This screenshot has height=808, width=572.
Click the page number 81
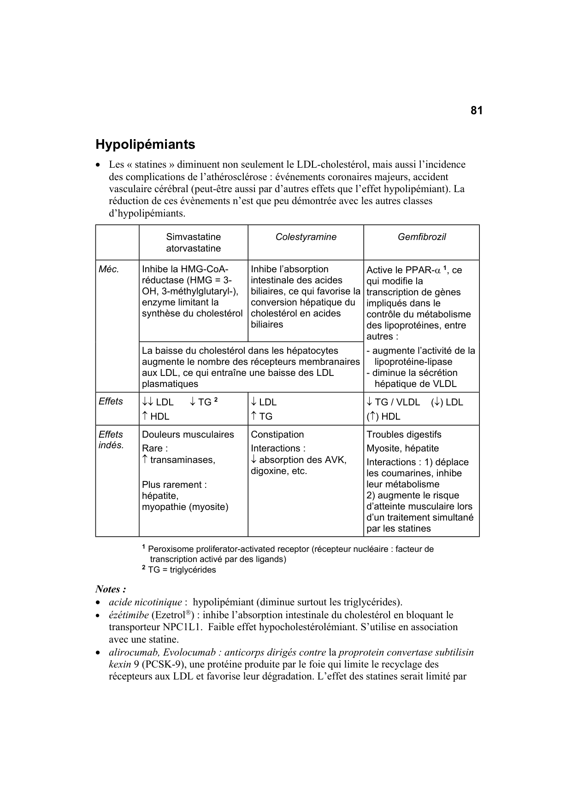tap(476, 111)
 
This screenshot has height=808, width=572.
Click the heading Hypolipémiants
tap(145, 145)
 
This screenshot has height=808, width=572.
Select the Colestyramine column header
tap(306, 237)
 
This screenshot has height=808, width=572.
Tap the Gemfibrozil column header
tap(421, 237)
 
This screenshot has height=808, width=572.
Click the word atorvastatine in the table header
tap(193, 248)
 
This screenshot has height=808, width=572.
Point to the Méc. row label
tap(109, 269)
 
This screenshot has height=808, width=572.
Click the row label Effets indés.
tap(111, 439)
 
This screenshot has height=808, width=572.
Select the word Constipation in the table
tap(277, 434)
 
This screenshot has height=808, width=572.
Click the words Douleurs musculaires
tap(188, 434)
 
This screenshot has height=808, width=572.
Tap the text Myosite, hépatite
tap(402, 448)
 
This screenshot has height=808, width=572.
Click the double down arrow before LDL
tap(148, 402)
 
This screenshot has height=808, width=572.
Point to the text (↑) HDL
tap(383, 416)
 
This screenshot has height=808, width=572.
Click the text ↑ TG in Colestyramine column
tap(261, 416)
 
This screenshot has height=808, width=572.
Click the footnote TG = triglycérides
tap(182, 570)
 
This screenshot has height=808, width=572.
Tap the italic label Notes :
tap(111, 589)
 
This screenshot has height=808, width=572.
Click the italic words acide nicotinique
tap(145, 602)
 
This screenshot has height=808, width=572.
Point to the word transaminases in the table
tap(182, 460)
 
